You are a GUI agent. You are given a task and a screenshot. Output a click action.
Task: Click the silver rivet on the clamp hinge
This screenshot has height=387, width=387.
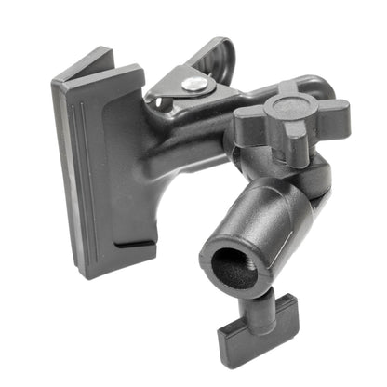194,84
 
